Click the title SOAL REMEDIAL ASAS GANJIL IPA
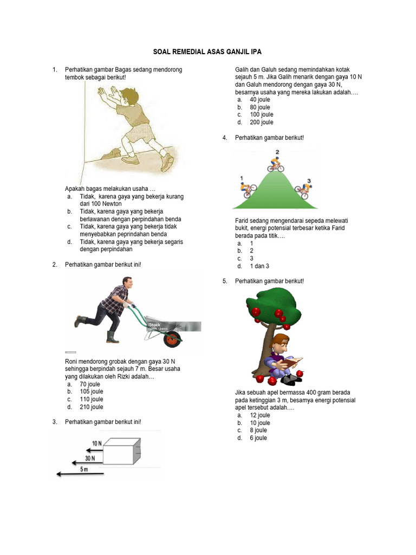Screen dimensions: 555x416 (x=208, y=51)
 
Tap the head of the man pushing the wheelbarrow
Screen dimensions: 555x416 (x=127, y=283)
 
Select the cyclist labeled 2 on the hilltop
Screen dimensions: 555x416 (x=276, y=164)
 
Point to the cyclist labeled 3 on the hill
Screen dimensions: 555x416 (x=304, y=188)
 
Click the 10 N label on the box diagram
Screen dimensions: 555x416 (x=96, y=443)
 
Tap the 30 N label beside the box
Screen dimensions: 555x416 (x=89, y=457)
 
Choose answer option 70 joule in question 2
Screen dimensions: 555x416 (x=90, y=384)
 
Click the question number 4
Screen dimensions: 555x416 (x=224, y=138)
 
